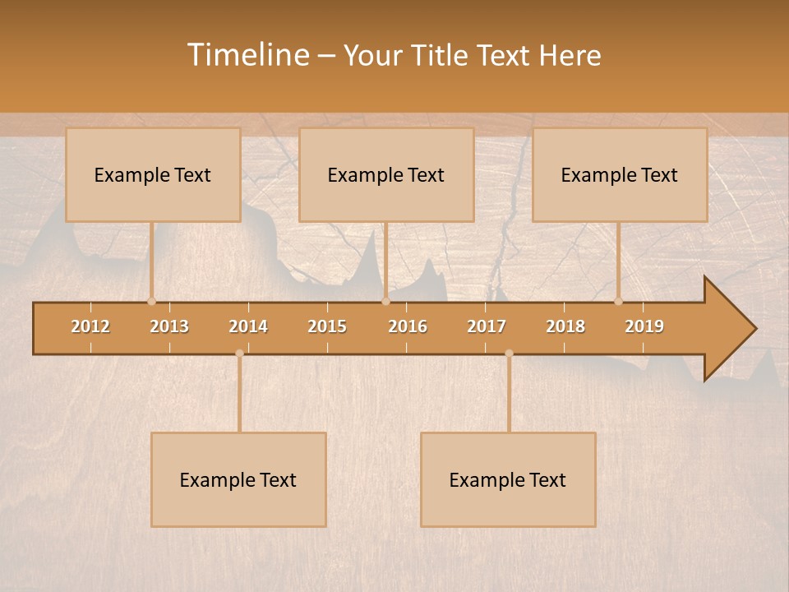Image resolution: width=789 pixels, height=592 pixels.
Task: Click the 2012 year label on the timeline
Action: [x=90, y=326]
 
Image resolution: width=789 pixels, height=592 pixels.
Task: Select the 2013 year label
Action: [x=169, y=326]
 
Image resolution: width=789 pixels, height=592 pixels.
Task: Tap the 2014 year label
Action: [x=248, y=326]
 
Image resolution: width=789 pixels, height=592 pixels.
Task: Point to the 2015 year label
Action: [x=327, y=326]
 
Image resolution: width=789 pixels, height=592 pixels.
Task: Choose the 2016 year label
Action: [x=408, y=326]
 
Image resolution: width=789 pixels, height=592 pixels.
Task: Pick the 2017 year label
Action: [x=487, y=326]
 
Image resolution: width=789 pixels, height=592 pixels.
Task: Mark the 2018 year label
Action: [x=565, y=326]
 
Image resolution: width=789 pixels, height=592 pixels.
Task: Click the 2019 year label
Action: [x=644, y=326]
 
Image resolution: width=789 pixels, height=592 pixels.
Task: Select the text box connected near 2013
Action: [x=153, y=174]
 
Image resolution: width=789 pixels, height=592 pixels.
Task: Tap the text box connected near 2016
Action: [x=386, y=174]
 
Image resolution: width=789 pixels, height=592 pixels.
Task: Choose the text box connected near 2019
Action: [x=620, y=174]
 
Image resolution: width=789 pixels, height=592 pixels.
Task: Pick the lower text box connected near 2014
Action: [x=238, y=479]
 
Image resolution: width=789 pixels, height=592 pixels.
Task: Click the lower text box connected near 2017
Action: [x=508, y=479]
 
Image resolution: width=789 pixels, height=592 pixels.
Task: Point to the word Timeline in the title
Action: [x=247, y=55]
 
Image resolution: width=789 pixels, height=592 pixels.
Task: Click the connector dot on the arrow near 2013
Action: [x=151, y=301]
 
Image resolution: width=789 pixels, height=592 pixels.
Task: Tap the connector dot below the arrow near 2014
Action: [x=239, y=354]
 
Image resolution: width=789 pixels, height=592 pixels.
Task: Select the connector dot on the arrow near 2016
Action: [x=385, y=301]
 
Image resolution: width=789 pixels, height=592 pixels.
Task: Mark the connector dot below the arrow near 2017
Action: [x=509, y=354]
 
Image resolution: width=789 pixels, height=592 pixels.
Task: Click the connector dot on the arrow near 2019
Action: [x=619, y=301]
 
